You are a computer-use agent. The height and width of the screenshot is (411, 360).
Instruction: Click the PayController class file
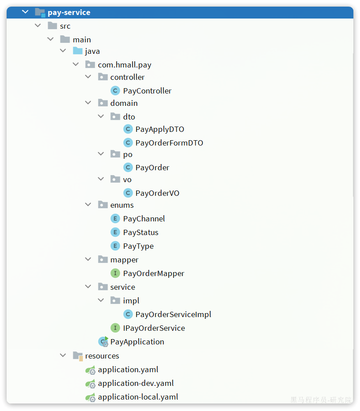pos(147,91)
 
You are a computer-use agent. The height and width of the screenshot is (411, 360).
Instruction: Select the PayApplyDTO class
pos(159,129)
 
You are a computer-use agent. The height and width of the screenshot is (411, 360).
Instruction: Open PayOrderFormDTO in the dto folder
pos(169,143)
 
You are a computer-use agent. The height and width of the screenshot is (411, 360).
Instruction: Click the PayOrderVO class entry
pos(157,193)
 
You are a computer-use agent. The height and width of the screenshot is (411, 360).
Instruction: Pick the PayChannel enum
pos(144,219)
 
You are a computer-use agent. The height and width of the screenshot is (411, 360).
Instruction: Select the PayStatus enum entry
pos(141,232)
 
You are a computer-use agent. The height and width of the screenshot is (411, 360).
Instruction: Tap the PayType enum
pos(138,246)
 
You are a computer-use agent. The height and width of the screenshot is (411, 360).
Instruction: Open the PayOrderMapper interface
pos(154,273)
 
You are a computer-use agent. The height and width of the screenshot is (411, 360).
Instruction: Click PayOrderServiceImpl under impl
pos(173,314)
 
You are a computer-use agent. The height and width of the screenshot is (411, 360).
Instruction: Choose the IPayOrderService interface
pos(154,328)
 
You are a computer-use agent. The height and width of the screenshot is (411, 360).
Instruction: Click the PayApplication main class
pos(137,342)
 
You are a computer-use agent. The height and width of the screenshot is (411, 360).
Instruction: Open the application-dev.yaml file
pos(135,383)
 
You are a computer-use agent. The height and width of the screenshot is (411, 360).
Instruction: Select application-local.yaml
pos(138,397)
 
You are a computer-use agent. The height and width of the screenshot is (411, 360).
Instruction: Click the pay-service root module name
pos(69,12)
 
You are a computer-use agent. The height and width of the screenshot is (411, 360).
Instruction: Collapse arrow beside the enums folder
pos(88,205)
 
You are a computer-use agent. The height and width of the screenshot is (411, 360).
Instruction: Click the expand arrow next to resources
pos(63,355)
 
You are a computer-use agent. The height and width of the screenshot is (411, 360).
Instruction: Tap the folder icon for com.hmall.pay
pos(90,65)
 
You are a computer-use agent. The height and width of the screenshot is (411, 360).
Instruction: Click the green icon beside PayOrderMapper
pos(115,273)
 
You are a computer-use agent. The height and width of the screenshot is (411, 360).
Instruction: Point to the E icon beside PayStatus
pos(115,232)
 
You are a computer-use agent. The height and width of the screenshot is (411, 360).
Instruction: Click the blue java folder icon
pos(78,51)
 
